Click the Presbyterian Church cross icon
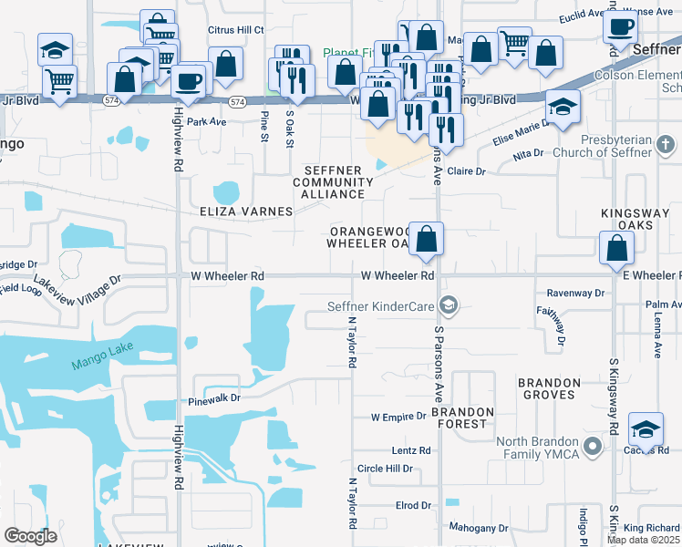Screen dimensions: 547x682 666,144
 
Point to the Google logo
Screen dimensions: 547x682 30,537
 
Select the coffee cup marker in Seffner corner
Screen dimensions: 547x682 620,27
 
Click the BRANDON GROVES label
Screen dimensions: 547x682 549,388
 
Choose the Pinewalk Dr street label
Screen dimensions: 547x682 214,398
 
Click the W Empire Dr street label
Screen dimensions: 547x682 398,417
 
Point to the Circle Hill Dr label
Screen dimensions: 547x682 385,469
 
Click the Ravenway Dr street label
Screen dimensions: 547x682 575,294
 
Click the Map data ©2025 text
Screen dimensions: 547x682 643,540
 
